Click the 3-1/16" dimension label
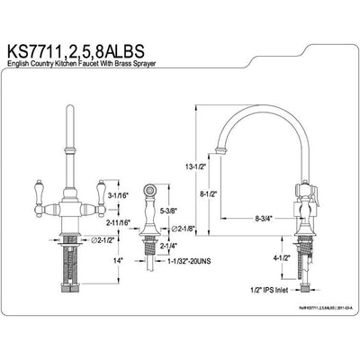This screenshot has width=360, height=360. [x=119, y=193]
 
